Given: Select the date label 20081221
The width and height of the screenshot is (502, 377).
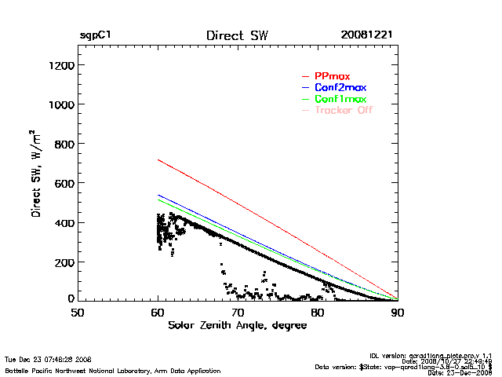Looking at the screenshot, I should pyautogui.click(x=366, y=36).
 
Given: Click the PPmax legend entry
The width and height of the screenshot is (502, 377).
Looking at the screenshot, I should pyautogui.click(x=332, y=75).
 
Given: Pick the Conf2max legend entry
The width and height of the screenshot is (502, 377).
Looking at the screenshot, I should pyautogui.click(x=339, y=87).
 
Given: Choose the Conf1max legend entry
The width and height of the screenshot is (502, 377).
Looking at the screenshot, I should pyautogui.click(x=339, y=99).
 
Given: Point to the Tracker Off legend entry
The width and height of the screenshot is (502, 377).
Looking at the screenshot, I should pyautogui.click(x=343, y=111).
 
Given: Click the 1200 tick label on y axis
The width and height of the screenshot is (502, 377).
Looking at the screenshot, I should pyautogui.click(x=60, y=65).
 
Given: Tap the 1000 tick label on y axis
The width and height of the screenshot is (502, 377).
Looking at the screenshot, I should pyautogui.click(x=60, y=104).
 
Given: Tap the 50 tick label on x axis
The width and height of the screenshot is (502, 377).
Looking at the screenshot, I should pyautogui.click(x=78, y=313).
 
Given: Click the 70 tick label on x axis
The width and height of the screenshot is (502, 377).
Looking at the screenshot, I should pyautogui.click(x=238, y=313).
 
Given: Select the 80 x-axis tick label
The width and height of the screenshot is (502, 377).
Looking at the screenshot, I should pyautogui.click(x=318, y=313).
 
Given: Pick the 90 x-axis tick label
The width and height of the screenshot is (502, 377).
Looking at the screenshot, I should pyautogui.click(x=398, y=313).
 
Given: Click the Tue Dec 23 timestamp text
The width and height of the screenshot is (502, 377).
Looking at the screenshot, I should pyautogui.click(x=48, y=359).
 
